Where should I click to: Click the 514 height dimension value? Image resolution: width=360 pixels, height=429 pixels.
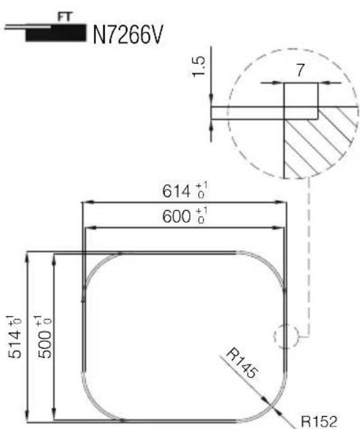14,337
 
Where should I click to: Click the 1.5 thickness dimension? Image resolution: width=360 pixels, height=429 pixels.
199,69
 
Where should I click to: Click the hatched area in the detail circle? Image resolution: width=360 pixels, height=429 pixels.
321,146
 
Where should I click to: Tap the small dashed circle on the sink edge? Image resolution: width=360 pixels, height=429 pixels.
284,336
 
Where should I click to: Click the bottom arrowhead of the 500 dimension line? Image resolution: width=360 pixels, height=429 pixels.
56,415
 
